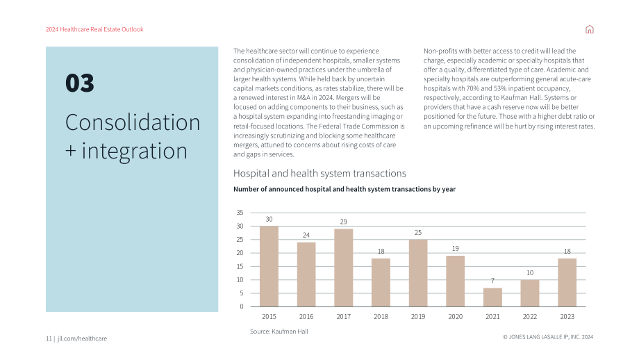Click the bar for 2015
click(x=269, y=266)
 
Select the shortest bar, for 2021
click(x=492, y=297)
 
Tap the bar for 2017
click(x=344, y=268)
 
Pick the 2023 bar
click(x=567, y=282)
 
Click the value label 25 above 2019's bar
click(x=418, y=232)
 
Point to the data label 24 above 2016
click(x=306, y=235)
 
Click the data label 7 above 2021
click(x=492, y=281)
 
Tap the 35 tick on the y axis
click(x=240, y=213)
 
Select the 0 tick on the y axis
click(x=242, y=306)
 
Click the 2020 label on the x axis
click(x=455, y=316)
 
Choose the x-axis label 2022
click(x=530, y=316)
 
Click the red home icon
click(x=589, y=29)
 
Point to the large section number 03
click(x=79, y=83)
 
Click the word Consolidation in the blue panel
click(x=133, y=122)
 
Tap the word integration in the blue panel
click(x=135, y=152)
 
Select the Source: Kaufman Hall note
click(x=279, y=332)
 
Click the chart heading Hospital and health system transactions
click(x=319, y=174)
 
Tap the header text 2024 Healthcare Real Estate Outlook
click(x=94, y=29)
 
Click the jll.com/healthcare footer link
click(x=82, y=338)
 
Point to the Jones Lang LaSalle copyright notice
click(x=548, y=337)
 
